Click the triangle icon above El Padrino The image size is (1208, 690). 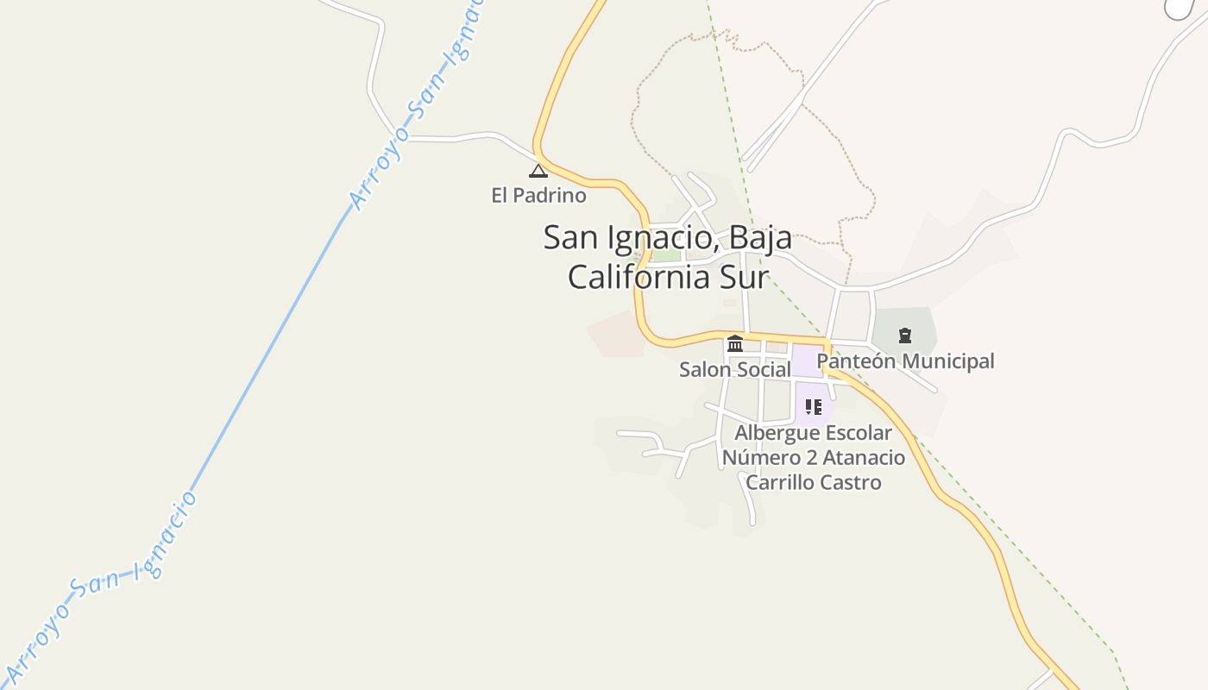[x=538, y=171]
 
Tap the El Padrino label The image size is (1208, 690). [x=538, y=196]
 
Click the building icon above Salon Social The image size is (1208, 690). [x=735, y=344]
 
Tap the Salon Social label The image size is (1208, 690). [x=734, y=370]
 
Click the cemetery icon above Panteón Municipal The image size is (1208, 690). [x=905, y=336]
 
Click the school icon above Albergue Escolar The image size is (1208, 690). [x=813, y=406]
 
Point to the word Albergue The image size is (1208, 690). [x=774, y=433]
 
